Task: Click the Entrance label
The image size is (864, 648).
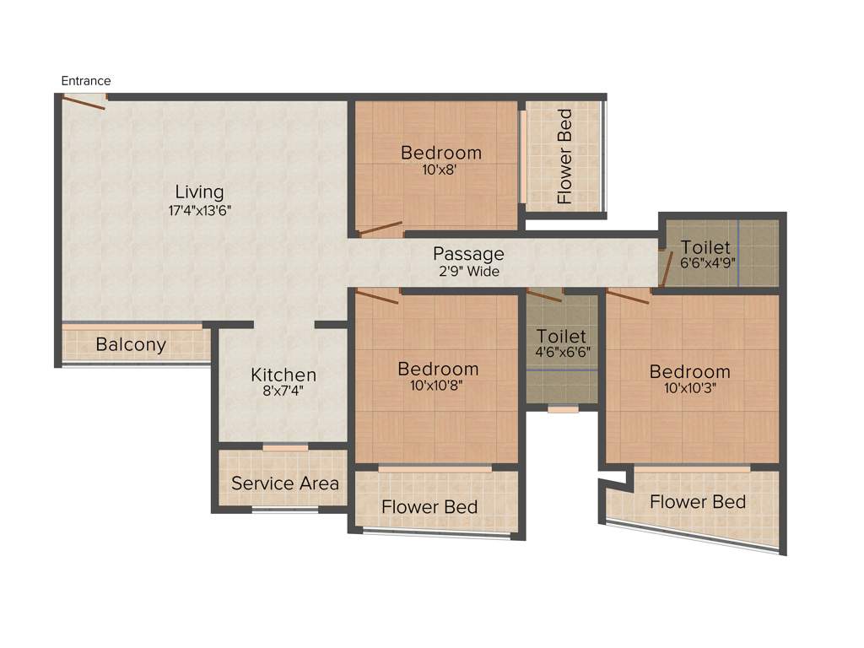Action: [x=86, y=81]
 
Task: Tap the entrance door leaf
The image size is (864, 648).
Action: [x=84, y=103]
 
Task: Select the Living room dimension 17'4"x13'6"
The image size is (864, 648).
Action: [x=200, y=210]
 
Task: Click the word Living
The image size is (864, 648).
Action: [x=200, y=192]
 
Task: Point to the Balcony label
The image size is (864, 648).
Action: [x=131, y=345]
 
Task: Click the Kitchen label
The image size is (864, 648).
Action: [x=283, y=375]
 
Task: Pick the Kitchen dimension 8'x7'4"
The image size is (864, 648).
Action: [x=283, y=391]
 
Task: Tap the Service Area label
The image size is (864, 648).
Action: [x=285, y=483]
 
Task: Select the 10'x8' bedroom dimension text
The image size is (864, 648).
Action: [x=440, y=170]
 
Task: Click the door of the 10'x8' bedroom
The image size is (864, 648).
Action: [x=380, y=227]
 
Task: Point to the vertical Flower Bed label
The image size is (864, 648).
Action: [x=564, y=156]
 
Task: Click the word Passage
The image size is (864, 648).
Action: [x=468, y=254]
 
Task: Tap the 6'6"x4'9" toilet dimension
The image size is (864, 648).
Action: [x=709, y=262]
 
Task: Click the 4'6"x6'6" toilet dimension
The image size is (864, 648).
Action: [x=562, y=353]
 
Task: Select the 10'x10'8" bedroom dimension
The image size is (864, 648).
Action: [x=438, y=386]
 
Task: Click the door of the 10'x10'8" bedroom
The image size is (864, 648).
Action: [x=377, y=295]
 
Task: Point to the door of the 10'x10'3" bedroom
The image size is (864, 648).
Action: [x=629, y=296]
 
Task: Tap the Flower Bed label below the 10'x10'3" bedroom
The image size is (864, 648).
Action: [x=698, y=502]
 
